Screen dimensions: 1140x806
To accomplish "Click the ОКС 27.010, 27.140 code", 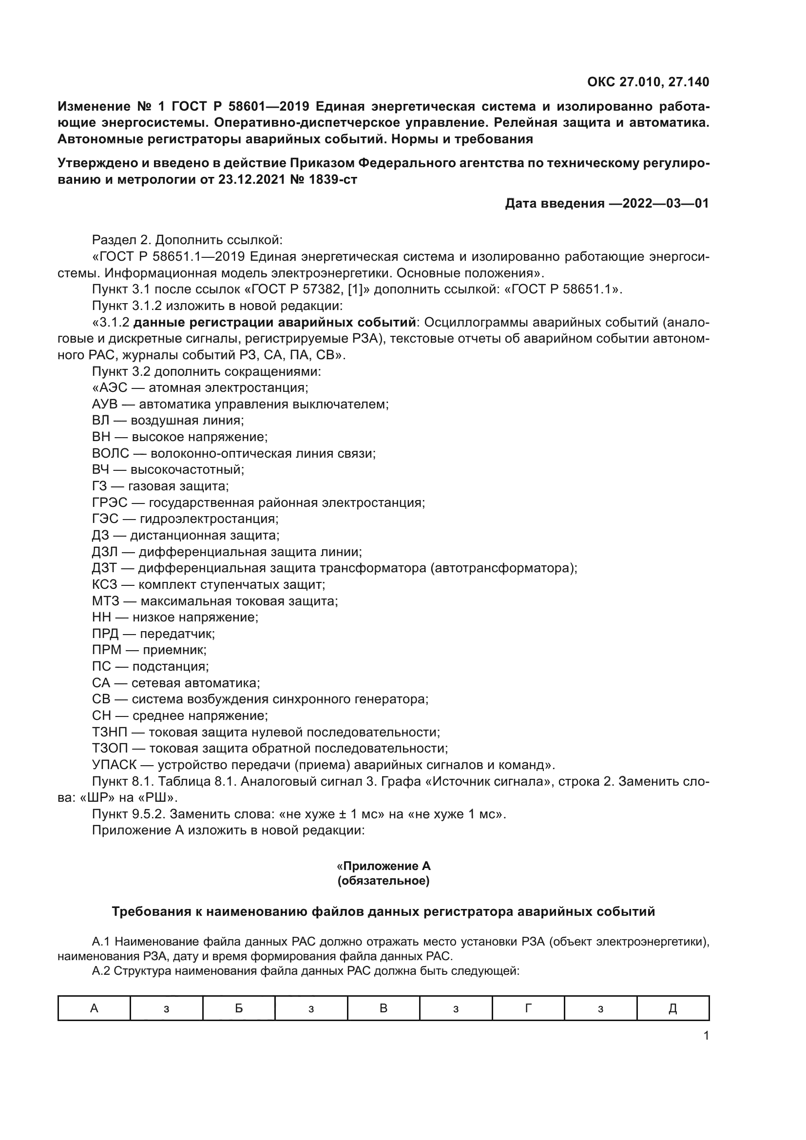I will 648,82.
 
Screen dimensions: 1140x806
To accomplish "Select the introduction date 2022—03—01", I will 665,204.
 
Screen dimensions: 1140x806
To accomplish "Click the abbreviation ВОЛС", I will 110,453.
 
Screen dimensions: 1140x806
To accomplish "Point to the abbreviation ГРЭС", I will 110,502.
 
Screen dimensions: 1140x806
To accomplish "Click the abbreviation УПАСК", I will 114,765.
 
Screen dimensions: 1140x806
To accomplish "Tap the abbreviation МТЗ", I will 106,601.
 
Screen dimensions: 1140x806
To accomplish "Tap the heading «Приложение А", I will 384,867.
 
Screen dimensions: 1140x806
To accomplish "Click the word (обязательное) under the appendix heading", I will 384,881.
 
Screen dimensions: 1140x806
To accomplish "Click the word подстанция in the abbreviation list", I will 170,666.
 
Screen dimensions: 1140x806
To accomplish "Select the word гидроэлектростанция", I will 209,519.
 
